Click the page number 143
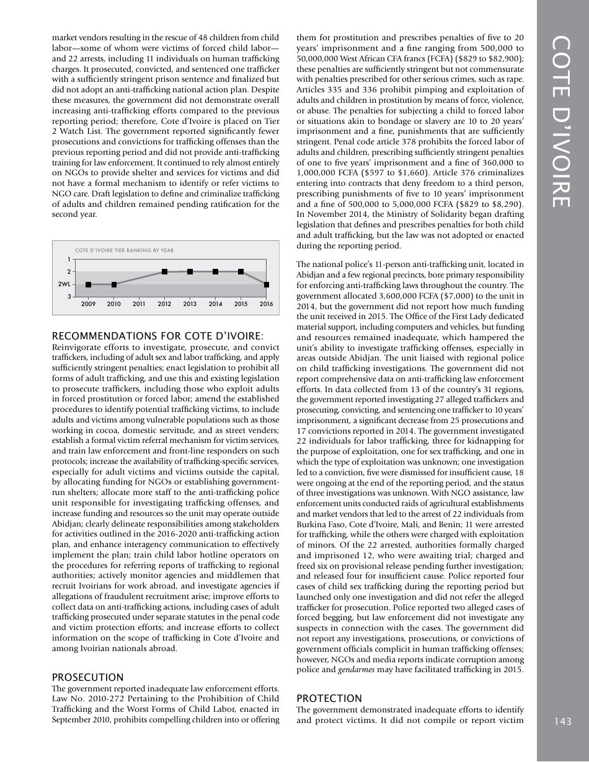563,720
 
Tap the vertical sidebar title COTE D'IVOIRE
563,122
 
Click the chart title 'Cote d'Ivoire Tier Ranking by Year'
124,250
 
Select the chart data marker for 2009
89,284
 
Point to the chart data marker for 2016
266,284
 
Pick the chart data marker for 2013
190,271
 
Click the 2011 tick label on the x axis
139,304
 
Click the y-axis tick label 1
69,259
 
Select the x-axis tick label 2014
215,304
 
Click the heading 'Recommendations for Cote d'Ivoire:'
157,336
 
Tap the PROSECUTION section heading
87,677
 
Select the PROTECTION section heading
329,698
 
